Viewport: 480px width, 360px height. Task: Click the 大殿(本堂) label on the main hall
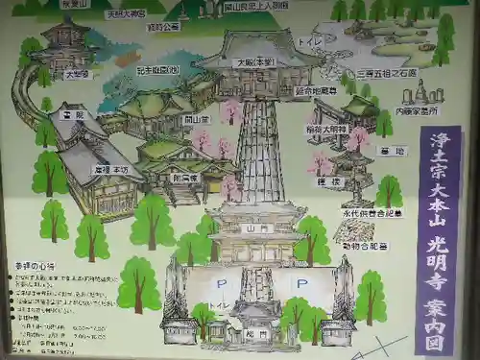(257, 61)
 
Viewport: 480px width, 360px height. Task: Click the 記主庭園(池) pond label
(157, 70)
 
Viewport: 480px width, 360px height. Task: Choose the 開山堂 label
(197, 119)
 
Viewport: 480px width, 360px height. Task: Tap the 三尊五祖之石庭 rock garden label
(387, 72)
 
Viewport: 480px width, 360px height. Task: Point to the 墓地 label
(394, 151)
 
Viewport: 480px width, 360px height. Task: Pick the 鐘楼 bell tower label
(331, 180)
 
